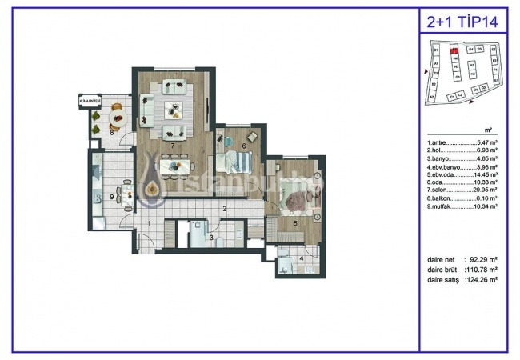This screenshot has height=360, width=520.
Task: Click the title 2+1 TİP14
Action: [463, 22]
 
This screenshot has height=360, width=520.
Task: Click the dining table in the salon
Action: [176, 166]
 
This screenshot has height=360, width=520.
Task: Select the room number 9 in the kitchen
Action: [111, 196]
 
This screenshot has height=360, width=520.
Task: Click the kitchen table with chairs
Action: [124, 192]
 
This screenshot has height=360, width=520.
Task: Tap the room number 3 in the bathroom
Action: [210, 238]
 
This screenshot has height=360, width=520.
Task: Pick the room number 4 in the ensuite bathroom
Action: [300, 258]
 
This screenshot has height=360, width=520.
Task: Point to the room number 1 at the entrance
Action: [150, 223]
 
